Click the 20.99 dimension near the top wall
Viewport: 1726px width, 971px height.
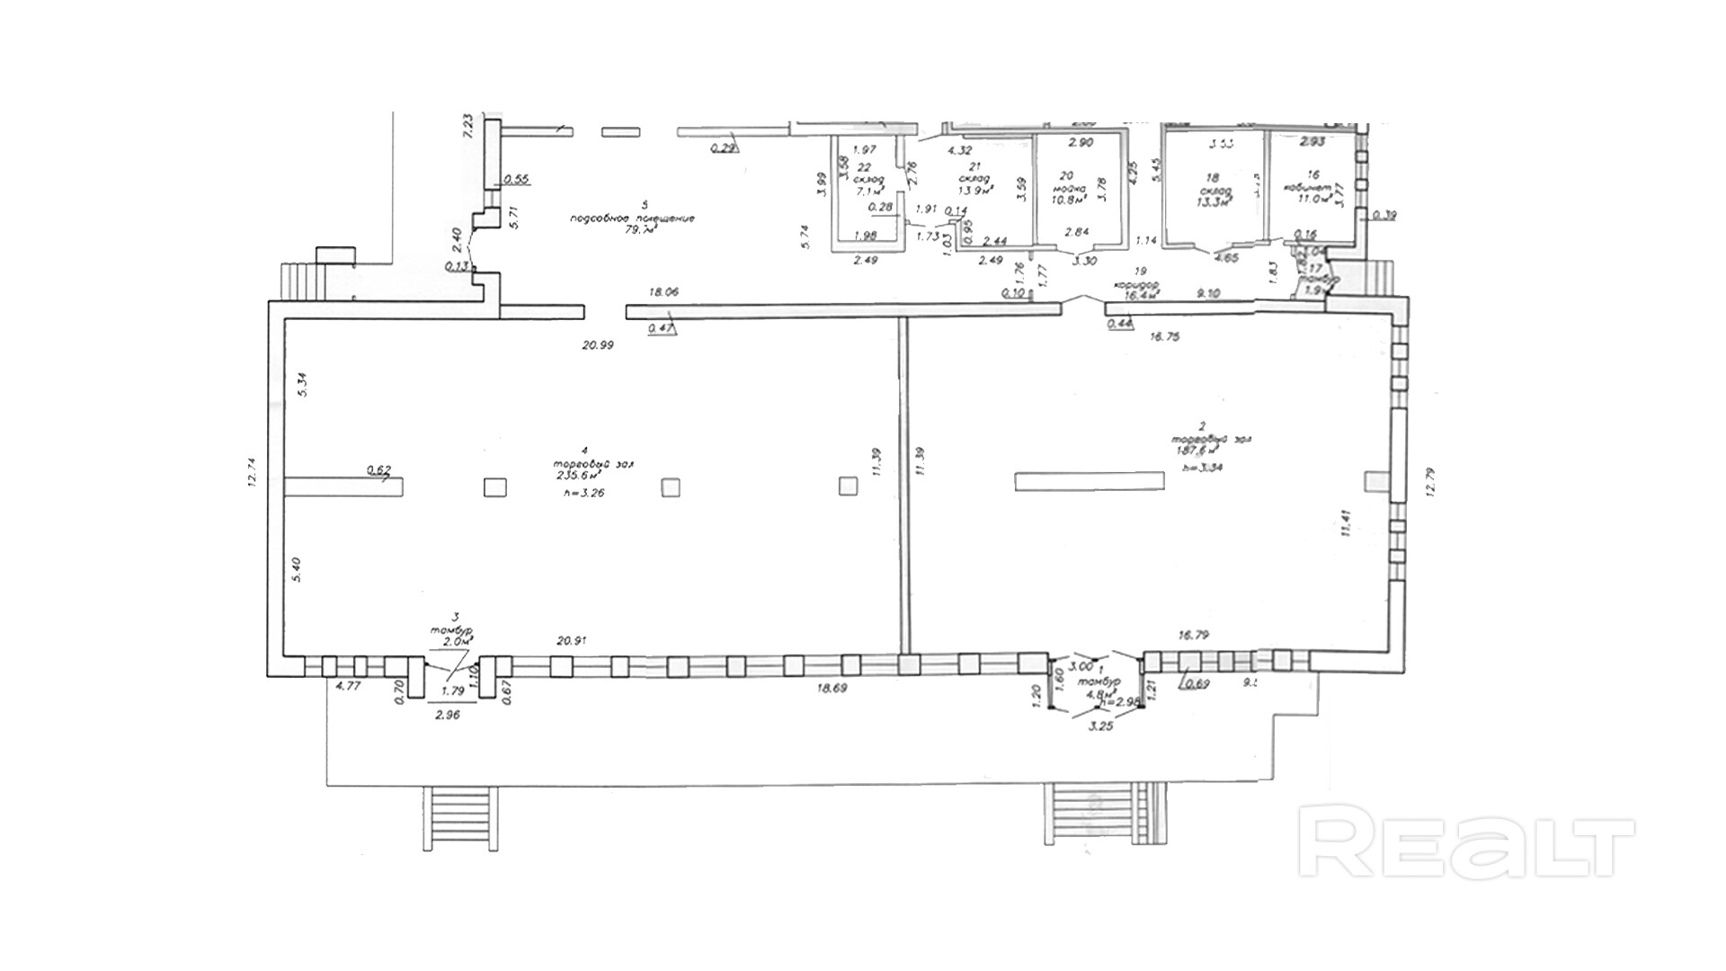click(598, 344)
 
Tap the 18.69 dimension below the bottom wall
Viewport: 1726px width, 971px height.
click(833, 688)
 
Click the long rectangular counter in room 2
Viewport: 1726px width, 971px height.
click(1090, 481)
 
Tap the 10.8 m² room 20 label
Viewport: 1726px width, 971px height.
click(1069, 200)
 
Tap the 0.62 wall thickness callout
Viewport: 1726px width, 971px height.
click(379, 469)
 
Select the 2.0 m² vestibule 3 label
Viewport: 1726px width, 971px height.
click(456, 641)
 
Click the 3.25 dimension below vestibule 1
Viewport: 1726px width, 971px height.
click(1100, 726)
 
